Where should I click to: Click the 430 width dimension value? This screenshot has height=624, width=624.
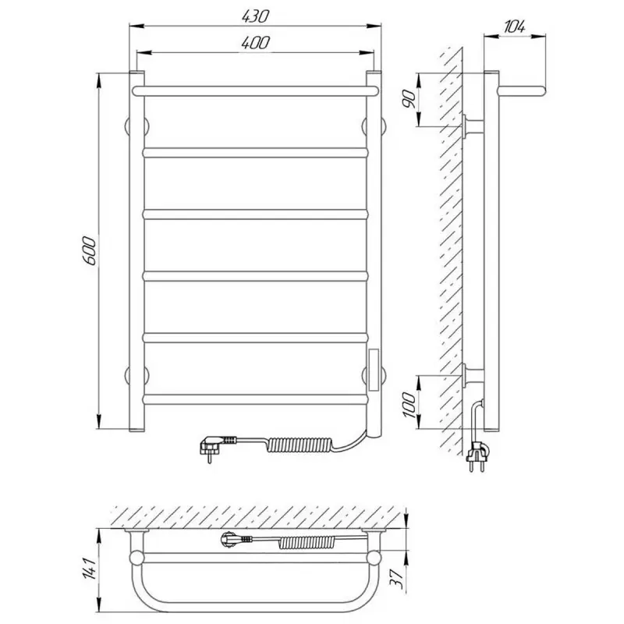tap(255, 16)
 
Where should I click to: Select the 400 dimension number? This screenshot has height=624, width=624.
tap(255, 43)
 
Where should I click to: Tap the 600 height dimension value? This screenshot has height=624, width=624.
tap(89, 250)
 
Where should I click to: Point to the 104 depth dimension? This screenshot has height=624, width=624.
tap(515, 27)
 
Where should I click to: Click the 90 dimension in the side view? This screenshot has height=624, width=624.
tap(409, 99)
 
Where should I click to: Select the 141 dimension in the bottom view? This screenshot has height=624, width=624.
tap(89, 569)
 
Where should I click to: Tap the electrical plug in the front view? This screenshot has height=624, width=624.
tap(218, 445)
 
